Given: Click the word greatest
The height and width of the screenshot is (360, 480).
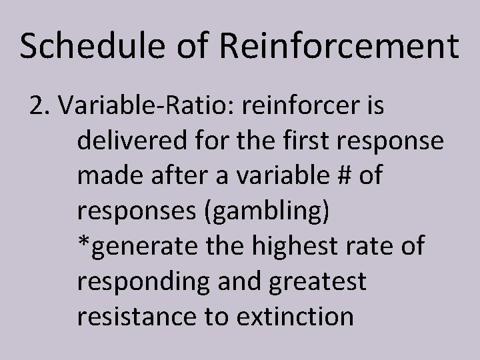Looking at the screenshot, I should [x=316, y=282].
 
